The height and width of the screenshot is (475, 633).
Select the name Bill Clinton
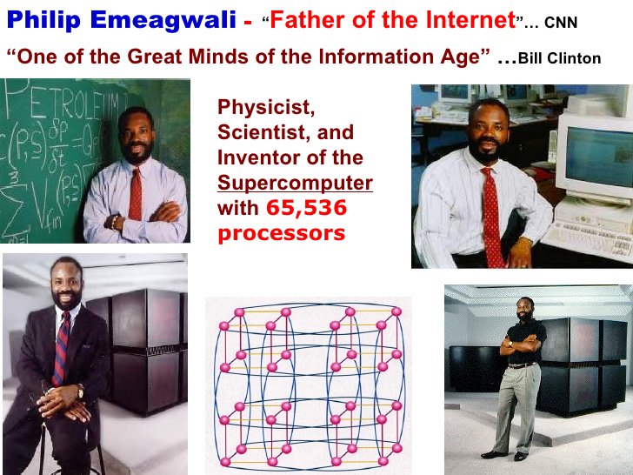pos(559,59)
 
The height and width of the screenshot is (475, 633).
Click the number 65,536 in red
pos(306,208)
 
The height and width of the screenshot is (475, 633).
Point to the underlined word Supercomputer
pos(295,184)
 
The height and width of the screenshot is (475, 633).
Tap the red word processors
pos(281,233)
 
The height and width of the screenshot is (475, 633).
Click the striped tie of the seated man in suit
pos(61,345)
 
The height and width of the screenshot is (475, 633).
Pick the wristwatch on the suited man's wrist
pos(81,391)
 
